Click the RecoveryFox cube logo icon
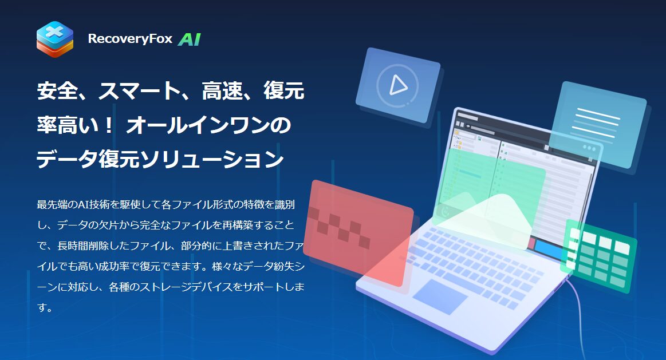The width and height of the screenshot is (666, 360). (x=55, y=39)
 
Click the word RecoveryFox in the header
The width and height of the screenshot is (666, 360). (x=130, y=38)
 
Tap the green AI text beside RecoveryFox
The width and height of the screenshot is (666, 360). (x=190, y=39)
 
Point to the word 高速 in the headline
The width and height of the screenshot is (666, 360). (x=222, y=90)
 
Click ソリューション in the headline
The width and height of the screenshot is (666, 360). (x=212, y=160)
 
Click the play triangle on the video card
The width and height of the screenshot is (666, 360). (x=398, y=85)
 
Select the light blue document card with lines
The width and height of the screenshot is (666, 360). (x=598, y=125)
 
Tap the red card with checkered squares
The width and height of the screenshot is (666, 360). (x=358, y=233)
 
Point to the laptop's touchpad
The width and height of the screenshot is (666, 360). (x=440, y=296)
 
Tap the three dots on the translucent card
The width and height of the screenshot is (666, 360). (x=589, y=148)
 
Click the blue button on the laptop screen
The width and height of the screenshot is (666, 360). (x=549, y=250)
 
